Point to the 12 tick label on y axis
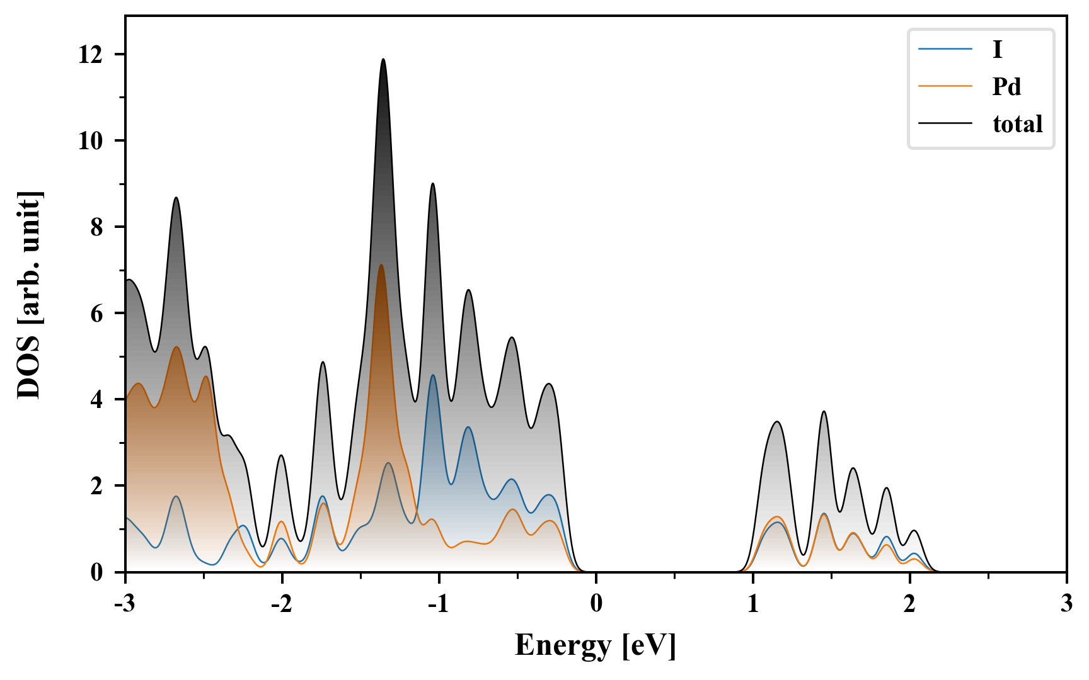(x=90, y=55)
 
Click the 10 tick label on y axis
(x=90, y=141)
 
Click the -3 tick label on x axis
(x=125, y=604)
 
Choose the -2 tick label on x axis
(x=282, y=604)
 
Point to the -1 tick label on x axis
(x=439, y=604)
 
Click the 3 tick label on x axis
(x=1066, y=604)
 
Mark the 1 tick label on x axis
(x=753, y=604)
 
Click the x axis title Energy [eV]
(x=596, y=645)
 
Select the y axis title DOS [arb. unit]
(x=29, y=294)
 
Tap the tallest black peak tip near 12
(x=383, y=59)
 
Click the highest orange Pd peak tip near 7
(x=381, y=265)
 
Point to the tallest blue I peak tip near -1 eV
(x=433, y=375)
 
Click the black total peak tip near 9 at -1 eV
(x=432, y=183)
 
